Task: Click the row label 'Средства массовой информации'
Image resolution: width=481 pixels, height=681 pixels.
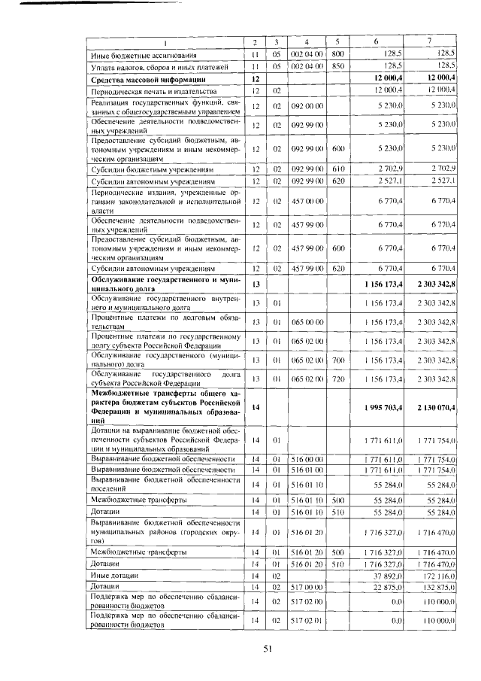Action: tap(143, 79)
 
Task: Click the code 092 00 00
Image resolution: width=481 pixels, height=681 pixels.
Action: tap(307, 106)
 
